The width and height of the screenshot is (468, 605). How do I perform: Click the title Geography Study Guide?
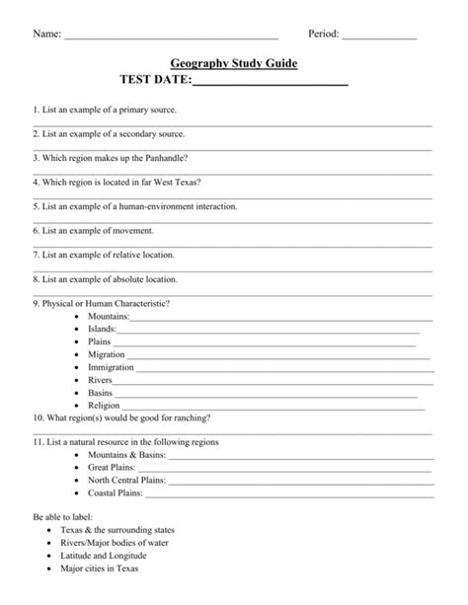(233, 63)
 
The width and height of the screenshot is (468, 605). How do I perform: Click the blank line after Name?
(170, 37)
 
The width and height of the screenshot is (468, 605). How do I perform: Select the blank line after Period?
(378, 37)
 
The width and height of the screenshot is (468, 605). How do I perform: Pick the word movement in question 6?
(133, 231)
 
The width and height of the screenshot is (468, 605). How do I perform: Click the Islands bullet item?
(102, 329)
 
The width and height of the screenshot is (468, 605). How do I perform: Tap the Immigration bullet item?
(111, 366)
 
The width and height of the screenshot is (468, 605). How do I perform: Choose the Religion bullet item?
(104, 405)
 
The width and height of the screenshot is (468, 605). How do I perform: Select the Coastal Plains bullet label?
(116, 492)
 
